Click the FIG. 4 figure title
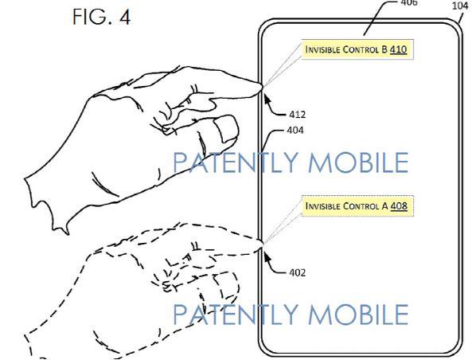pos(101,17)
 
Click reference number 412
pos(297,115)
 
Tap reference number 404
pos(295,131)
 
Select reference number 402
pos(297,272)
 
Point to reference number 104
pos(460,6)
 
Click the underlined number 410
pos(398,49)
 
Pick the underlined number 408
pos(399,206)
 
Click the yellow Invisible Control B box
pos(357,49)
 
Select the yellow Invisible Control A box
pos(357,205)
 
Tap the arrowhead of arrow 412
pos(267,99)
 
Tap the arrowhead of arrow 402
pos(267,257)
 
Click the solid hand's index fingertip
pos(259,88)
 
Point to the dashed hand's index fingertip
pos(259,245)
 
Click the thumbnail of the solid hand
pos(226,129)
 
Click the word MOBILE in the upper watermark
pos(358,162)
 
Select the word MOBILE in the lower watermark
pos(358,314)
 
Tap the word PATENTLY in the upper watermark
pos(236,162)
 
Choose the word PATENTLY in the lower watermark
pos(236,314)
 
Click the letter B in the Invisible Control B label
pos(384,49)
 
